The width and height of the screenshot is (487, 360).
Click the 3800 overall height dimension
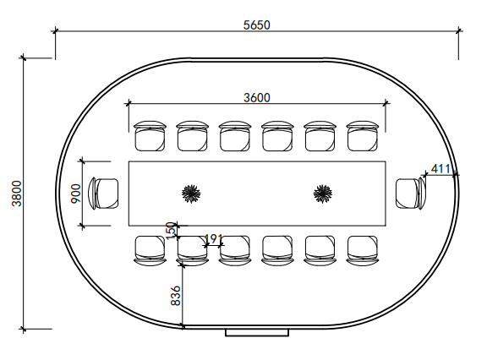(x=15, y=194)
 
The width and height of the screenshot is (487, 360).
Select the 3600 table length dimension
(x=256, y=97)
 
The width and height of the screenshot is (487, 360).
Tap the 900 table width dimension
(x=75, y=193)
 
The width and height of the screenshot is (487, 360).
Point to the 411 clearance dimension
(x=440, y=169)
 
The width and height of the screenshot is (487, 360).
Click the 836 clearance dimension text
(x=176, y=294)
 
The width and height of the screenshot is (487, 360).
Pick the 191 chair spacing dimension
(x=215, y=239)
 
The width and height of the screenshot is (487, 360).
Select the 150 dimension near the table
(x=171, y=230)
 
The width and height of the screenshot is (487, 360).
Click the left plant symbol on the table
(x=192, y=194)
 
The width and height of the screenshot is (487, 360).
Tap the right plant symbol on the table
(x=322, y=194)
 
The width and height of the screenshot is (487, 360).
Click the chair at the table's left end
(x=107, y=193)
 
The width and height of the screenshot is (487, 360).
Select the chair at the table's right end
(x=410, y=192)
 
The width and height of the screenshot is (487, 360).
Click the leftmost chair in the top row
(x=150, y=135)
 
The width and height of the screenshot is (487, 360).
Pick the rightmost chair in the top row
(x=363, y=135)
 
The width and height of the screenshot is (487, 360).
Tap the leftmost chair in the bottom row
(x=150, y=250)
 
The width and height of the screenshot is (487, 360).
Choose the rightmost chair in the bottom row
(x=363, y=250)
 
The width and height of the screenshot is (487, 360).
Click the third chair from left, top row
(x=235, y=135)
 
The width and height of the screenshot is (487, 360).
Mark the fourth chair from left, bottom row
(x=277, y=250)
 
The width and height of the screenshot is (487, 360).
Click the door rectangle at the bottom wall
(x=257, y=333)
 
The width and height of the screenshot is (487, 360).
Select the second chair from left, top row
(x=193, y=135)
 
